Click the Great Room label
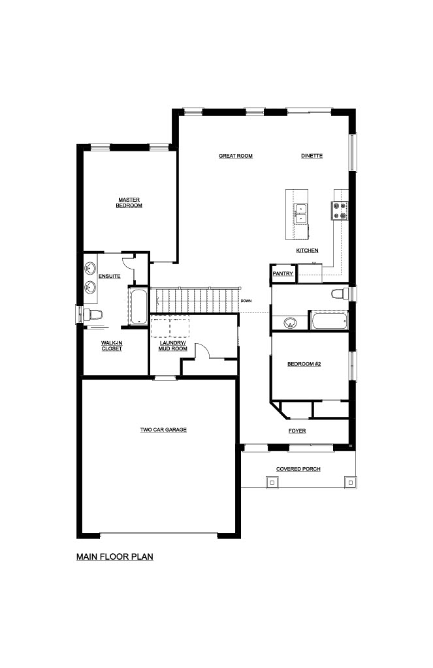(x=236, y=156)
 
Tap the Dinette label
(x=312, y=156)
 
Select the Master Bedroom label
(x=129, y=203)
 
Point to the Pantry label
(x=283, y=273)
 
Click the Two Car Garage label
(x=163, y=430)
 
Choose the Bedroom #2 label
(x=304, y=364)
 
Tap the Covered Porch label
(x=298, y=469)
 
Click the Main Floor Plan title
(x=115, y=557)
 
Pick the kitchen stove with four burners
(x=340, y=211)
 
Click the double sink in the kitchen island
(x=301, y=214)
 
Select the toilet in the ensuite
(x=91, y=315)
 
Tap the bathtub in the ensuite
(x=138, y=307)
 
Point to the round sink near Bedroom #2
(x=291, y=322)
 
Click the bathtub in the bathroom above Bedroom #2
(x=329, y=321)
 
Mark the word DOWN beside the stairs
(x=246, y=301)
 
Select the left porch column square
(x=272, y=482)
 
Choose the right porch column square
(x=350, y=482)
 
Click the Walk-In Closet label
(x=112, y=346)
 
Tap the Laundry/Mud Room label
(x=173, y=346)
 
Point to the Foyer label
(x=297, y=431)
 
